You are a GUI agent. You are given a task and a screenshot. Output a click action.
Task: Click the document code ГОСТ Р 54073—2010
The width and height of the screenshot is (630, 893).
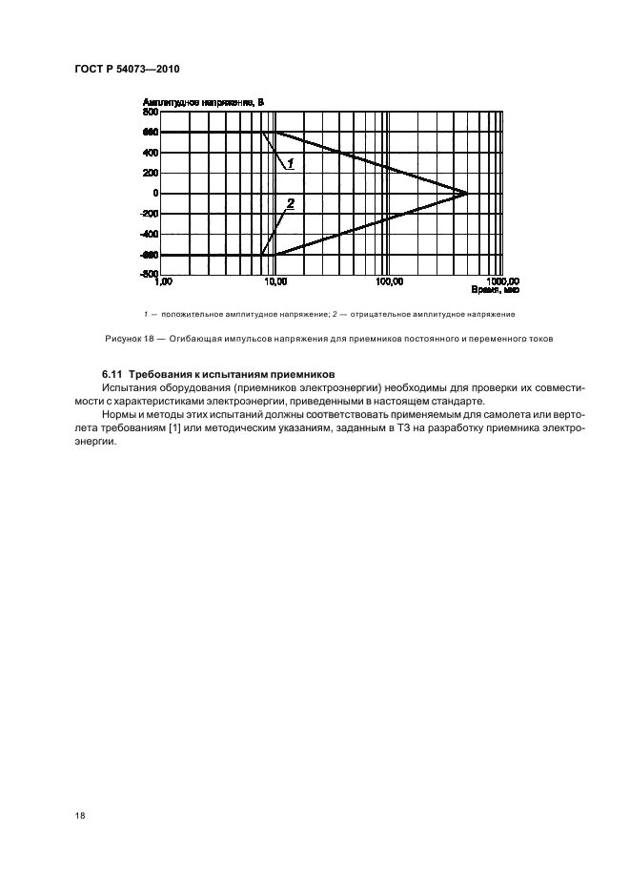coord(126,69)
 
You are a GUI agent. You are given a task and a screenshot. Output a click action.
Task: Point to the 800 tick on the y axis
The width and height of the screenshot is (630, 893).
coord(150,112)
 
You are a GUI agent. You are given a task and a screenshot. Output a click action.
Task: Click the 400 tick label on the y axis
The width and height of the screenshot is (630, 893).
coord(150,153)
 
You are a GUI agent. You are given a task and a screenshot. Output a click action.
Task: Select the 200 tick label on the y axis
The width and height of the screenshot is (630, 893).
coord(150,173)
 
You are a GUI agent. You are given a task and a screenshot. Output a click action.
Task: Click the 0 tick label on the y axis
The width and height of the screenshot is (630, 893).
coord(154,194)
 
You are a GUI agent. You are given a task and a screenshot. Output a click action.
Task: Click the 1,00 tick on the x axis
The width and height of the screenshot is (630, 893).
coord(163,283)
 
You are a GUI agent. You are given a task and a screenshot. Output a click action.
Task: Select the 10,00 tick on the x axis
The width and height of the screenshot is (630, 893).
coord(274,283)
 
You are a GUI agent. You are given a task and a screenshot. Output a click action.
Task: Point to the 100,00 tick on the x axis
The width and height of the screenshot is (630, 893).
coord(389,283)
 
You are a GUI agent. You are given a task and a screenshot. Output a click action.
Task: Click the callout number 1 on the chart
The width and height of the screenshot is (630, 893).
coord(290,164)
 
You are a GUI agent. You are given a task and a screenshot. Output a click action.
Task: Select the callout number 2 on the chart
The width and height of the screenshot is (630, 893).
coord(290,203)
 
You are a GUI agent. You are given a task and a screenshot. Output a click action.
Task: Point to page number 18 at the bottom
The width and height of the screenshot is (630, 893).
coord(78,816)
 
